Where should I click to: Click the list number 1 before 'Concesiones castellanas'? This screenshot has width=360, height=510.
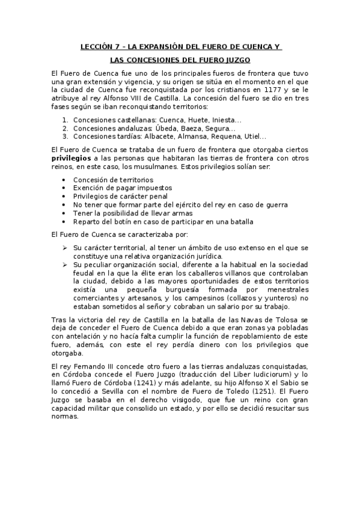(x=64, y=120)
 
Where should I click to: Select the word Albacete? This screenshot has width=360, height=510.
(x=158, y=137)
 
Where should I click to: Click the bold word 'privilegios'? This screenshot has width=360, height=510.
(x=72, y=158)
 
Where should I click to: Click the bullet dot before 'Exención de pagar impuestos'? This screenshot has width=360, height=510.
(x=64, y=188)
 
